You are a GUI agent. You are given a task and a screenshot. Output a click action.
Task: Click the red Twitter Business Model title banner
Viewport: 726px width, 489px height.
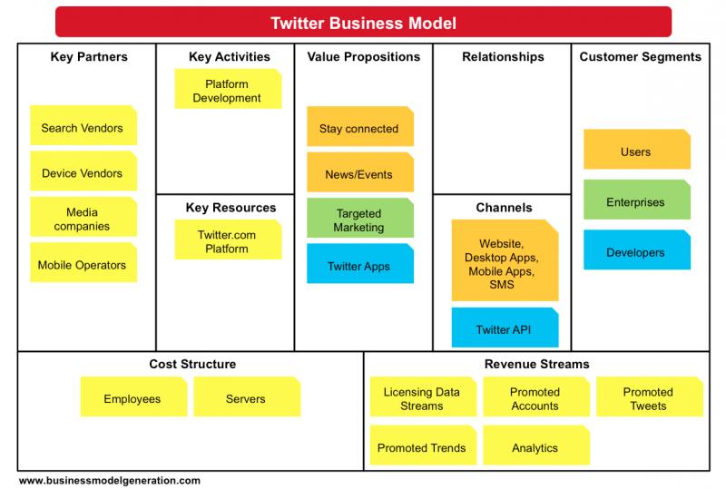(364, 22)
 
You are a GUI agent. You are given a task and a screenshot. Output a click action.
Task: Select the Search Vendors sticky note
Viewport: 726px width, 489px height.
(83, 125)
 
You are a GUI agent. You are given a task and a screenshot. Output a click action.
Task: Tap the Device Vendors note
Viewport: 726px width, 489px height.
(83, 171)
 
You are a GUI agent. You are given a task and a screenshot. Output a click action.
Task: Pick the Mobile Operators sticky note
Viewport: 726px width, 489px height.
(83, 262)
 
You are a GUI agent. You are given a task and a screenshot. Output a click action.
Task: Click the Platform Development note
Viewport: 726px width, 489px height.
(228, 89)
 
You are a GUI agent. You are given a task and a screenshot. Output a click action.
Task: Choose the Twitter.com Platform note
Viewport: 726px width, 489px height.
(228, 240)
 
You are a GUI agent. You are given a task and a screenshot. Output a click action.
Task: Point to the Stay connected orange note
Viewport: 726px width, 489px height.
(360, 126)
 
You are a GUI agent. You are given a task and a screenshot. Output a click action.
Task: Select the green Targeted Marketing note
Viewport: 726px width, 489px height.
(360, 218)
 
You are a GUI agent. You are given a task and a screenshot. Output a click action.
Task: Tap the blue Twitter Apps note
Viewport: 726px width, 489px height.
(360, 263)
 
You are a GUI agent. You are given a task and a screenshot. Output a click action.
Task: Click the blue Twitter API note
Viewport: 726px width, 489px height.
(505, 328)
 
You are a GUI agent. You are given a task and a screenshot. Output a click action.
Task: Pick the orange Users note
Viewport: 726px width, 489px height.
(637, 149)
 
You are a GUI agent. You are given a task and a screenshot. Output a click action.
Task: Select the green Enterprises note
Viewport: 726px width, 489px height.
(637, 200)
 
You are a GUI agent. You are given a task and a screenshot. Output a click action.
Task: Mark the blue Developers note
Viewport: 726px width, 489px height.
(637, 249)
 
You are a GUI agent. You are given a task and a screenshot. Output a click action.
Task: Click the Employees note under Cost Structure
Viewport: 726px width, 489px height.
(133, 396)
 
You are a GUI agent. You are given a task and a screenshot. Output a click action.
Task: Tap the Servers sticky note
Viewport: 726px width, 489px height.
(247, 396)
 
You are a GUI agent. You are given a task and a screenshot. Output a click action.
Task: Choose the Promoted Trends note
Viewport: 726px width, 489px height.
(423, 445)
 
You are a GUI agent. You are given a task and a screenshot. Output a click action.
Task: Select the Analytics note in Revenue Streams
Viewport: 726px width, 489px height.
(536, 445)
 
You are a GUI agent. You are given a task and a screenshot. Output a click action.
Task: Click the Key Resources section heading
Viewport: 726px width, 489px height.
(231, 208)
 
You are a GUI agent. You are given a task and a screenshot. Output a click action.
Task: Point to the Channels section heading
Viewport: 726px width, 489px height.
(504, 208)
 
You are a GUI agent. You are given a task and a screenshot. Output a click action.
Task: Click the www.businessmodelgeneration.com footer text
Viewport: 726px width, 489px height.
(110, 480)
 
